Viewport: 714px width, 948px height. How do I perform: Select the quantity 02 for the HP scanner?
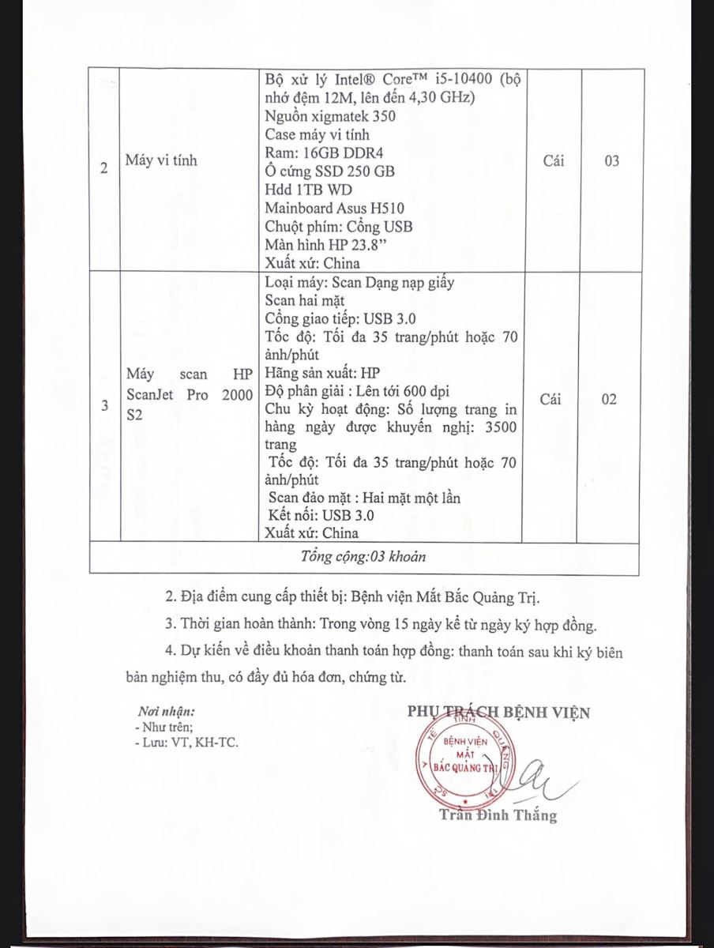point(608,400)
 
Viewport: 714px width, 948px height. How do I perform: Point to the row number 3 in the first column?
point(105,407)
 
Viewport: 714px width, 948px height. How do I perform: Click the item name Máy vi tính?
point(161,161)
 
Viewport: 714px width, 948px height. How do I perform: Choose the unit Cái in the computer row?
point(551,161)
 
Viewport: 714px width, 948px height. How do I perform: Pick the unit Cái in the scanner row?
point(551,400)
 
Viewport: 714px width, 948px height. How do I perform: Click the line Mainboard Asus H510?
point(335,209)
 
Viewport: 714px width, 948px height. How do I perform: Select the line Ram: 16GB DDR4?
point(320,153)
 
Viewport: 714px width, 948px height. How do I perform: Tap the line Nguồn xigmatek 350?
point(330,117)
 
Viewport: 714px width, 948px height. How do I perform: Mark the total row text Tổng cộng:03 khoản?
point(363,556)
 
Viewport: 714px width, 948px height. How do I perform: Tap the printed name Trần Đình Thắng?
point(498,815)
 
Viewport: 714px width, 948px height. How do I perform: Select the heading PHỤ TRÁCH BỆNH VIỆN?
point(498,712)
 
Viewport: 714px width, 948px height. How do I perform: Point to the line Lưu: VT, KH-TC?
point(186,743)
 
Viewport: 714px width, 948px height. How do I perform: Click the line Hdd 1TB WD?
point(309,190)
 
